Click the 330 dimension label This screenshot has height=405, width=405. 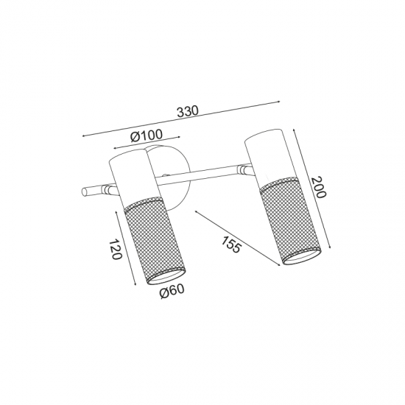[x=188, y=111]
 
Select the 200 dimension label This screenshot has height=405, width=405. [x=318, y=187]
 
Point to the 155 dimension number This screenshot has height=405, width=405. [x=231, y=244]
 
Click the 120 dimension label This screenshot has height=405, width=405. [x=115, y=249]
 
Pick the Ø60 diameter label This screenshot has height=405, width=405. [x=172, y=292]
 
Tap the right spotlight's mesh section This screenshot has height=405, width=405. [x=291, y=221]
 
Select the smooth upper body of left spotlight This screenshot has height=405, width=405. [x=134, y=178]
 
